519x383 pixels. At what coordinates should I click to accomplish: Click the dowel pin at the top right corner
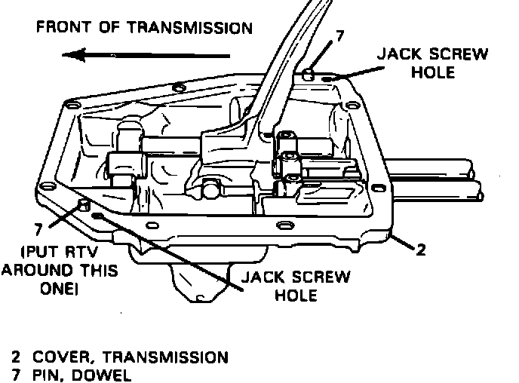pyautogui.click(x=309, y=74)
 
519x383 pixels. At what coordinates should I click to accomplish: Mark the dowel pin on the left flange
pyautogui.click(x=82, y=206)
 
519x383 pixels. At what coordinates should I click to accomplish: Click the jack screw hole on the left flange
pyautogui.click(x=99, y=217)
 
